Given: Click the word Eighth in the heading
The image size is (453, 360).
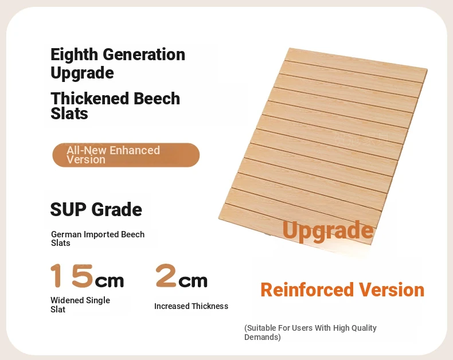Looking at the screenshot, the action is point(74,55).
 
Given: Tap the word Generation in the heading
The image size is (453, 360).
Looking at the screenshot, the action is point(144,54).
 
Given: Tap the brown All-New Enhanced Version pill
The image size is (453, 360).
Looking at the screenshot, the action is point(126,155).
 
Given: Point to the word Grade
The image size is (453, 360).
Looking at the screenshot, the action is point(117,210).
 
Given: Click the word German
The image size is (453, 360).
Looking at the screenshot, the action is point(66,234).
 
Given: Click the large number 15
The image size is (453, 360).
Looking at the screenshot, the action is point(72,276).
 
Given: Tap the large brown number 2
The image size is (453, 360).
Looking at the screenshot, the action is point(166,276).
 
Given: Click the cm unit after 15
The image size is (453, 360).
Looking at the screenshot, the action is point(109,281).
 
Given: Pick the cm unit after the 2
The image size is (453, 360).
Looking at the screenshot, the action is point(193,281).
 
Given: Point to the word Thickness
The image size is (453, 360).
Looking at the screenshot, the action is point(210,306).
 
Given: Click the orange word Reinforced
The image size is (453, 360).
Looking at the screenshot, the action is point(307,290).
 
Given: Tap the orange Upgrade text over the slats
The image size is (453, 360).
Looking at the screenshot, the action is point(328,230).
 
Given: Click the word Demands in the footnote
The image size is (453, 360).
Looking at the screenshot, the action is point(262,337).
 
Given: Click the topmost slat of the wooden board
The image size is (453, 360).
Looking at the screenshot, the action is point(356,61).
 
